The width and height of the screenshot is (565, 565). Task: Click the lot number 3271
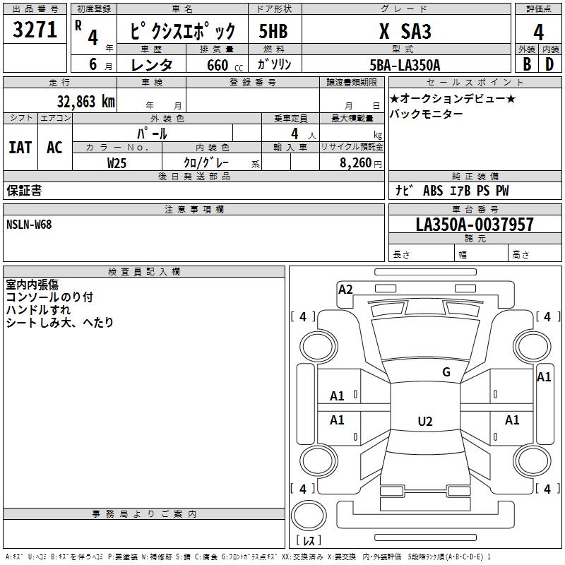(x=35, y=29)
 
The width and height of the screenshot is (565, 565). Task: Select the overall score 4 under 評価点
(x=538, y=32)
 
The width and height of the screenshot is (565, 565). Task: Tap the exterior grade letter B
(x=527, y=64)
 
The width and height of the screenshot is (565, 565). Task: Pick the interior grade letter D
(x=549, y=64)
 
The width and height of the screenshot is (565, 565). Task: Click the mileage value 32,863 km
(x=85, y=101)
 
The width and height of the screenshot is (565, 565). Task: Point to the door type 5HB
(x=273, y=31)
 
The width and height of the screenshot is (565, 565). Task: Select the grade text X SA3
(x=405, y=31)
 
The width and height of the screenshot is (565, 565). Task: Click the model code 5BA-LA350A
(x=405, y=65)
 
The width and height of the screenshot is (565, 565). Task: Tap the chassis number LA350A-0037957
(x=475, y=224)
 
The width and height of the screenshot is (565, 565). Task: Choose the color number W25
(x=117, y=163)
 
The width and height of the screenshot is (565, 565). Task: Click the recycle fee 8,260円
(x=361, y=163)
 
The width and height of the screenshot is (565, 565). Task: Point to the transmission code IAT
(x=20, y=147)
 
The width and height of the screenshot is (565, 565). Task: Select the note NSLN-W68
(x=29, y=225)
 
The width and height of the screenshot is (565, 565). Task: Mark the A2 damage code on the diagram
(x=345, y=290)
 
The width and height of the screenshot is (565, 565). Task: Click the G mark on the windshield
(x=446, y=371)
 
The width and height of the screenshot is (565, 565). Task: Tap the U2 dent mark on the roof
(x=425, y=421)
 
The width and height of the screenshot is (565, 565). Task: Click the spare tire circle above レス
(x=309, y=516)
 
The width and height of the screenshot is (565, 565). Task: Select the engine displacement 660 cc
(x=225, y=65)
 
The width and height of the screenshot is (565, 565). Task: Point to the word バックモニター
(x=427, y=114)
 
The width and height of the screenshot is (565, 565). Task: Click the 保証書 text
(x=24, y=190)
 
